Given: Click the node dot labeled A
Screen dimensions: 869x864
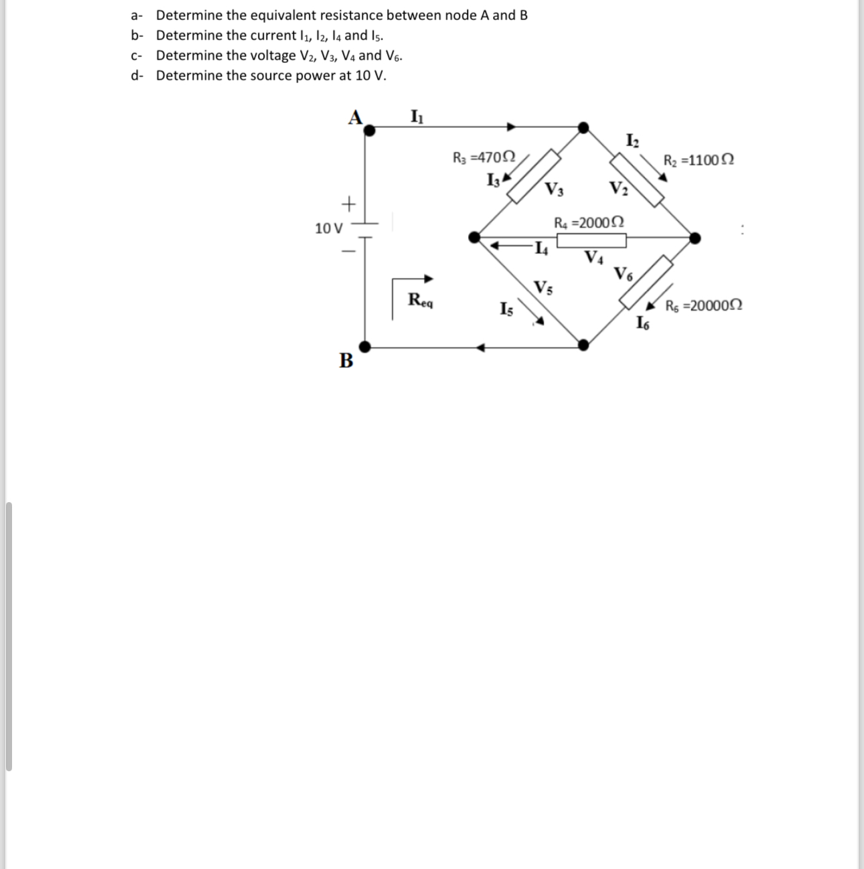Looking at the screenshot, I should coord(369,131).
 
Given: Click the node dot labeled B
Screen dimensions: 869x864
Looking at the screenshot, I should coord(364,346).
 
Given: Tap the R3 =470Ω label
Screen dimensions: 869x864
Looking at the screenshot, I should coord(484,159).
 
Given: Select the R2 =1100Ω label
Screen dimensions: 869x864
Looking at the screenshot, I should coord(698,161).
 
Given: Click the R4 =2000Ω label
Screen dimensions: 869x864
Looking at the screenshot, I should coord(589,222).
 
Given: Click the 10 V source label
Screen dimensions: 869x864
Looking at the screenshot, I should coord(328,228).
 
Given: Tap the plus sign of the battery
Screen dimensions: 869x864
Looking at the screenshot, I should coord(348,202).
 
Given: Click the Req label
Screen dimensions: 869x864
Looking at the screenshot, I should coord(421,300).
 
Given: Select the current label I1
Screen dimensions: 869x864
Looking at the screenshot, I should coord(416,116).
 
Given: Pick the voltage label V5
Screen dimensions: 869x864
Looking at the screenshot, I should coord(543,289).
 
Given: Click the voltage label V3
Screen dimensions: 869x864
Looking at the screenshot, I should coord(554,189).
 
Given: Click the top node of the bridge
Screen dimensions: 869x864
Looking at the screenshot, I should coord(584,127).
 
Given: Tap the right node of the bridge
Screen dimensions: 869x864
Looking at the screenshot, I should coord(695,237).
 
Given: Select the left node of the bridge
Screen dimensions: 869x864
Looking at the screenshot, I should coord(474,237).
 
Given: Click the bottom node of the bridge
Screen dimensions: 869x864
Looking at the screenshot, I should coord(584,345).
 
